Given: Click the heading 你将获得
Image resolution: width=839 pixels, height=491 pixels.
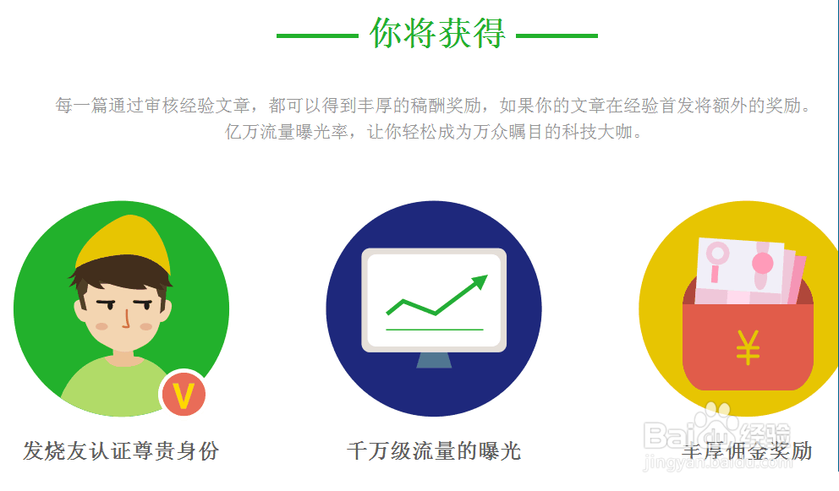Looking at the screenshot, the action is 437,33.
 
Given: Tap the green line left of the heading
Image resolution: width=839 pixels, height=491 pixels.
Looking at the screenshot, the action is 317,35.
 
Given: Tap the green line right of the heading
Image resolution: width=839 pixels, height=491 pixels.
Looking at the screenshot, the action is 557,35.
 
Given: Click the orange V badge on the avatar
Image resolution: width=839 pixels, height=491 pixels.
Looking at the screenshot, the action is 184,395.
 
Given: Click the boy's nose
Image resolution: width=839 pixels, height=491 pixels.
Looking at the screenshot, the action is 126,319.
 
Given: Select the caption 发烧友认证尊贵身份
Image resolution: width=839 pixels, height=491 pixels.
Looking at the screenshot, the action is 121,451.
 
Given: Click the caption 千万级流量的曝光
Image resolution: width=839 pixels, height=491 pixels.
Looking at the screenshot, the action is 434,451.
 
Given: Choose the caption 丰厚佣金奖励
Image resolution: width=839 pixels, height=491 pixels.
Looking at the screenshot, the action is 747,451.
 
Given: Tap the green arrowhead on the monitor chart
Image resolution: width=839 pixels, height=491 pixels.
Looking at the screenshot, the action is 480,281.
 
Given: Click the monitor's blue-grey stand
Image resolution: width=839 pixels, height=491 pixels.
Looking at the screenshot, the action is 434,360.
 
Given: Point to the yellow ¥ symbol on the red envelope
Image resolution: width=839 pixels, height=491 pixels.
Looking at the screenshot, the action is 748,347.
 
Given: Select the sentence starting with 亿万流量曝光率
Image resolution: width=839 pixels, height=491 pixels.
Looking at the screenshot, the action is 433,132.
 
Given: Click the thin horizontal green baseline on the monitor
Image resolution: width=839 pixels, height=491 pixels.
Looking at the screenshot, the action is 435,330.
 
